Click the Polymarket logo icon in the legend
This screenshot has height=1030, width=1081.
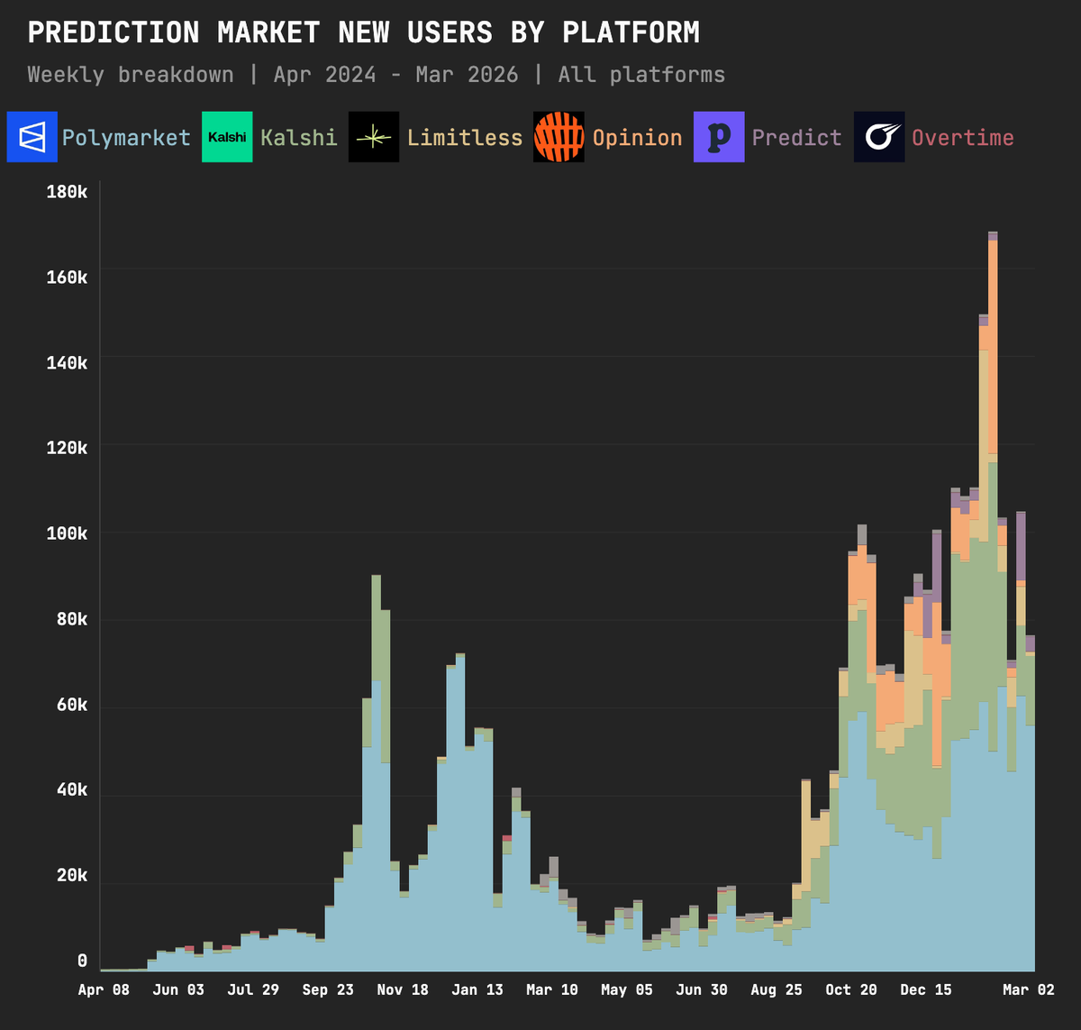point(32,137)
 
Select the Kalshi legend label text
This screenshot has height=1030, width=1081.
point(298,138)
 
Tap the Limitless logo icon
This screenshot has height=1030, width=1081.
point(374,137)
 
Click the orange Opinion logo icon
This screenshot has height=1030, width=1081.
point(559,137)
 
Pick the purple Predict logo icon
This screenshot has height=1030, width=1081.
point(719,137)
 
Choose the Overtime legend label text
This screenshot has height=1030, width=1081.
point(962,138)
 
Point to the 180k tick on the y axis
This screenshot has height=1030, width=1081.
point(67,192)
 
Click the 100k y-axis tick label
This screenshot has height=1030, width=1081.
point(67,533)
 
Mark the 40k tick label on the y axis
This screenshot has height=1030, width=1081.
point(71,789)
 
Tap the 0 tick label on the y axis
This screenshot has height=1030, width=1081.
point(82,961)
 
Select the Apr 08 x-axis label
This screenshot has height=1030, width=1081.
point(104,989)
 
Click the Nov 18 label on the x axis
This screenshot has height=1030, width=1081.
point(403,989)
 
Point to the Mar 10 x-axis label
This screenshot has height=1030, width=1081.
point(552,989)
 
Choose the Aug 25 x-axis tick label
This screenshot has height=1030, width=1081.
point(777,989)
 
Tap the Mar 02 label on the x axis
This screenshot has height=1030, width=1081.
point(1028,989)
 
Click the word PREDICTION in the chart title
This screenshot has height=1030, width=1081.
point(114,33)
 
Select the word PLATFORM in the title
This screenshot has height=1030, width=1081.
point(631,33)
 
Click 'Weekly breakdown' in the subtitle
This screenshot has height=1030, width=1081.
point(131,75)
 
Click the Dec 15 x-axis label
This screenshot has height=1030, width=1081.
point(926,989)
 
